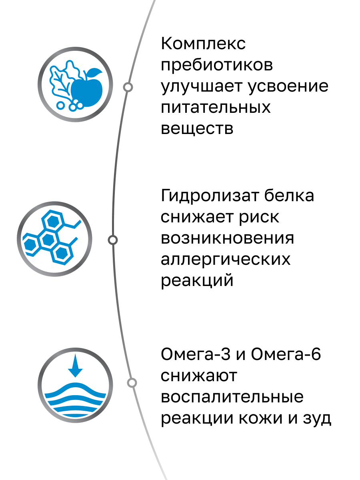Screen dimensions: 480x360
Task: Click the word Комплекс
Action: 203,44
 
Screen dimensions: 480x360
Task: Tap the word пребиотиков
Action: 217,66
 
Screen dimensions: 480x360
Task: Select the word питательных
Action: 216,108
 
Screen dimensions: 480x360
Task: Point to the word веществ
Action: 197,129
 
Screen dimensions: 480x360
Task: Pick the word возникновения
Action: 227,238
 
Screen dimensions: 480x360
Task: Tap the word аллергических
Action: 226,260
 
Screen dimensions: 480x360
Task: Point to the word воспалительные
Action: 232,398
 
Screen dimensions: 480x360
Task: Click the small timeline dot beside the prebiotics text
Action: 128,87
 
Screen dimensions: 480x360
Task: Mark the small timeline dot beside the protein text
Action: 113,240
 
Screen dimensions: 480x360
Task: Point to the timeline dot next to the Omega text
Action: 132,383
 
